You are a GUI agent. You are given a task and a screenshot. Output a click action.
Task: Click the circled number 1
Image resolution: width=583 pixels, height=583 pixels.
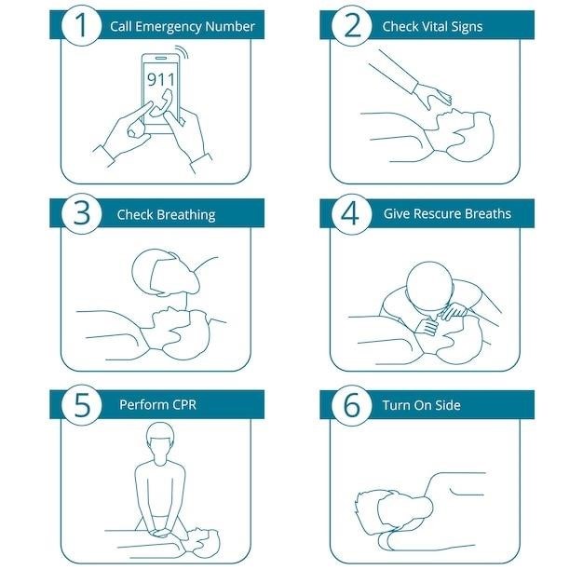pos(81,25)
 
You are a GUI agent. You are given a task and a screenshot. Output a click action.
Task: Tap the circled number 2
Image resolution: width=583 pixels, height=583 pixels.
pos(352,26)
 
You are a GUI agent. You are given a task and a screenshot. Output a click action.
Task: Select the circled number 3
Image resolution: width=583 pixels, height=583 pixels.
pos(81,214)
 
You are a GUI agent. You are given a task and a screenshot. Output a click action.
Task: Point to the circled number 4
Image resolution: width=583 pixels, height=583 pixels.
pos(352,214)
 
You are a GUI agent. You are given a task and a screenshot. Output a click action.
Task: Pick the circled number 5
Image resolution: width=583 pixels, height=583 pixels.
pos(81,405)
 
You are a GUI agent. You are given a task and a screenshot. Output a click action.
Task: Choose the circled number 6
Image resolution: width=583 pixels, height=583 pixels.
pos(352,405)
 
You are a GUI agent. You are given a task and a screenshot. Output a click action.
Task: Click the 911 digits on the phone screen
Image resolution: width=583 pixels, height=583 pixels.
pos(160,79)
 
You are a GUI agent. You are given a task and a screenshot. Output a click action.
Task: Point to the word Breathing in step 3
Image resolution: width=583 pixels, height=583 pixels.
pos(186,215)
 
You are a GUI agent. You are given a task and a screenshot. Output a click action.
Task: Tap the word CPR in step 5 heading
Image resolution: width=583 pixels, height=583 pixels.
pos(183,404)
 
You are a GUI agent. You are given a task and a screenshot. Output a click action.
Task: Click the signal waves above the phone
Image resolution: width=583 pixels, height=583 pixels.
pos(183,52)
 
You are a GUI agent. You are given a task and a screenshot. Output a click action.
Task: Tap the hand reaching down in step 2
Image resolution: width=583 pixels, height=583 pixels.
pos(432,96)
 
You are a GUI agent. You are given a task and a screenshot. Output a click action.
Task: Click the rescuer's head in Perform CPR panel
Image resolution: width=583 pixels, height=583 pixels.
pos(160,438)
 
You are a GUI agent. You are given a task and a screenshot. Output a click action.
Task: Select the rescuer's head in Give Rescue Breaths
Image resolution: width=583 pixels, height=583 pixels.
pos(430,284)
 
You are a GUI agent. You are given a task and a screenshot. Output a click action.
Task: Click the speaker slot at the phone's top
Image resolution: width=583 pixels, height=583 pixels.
pos(160,59)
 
